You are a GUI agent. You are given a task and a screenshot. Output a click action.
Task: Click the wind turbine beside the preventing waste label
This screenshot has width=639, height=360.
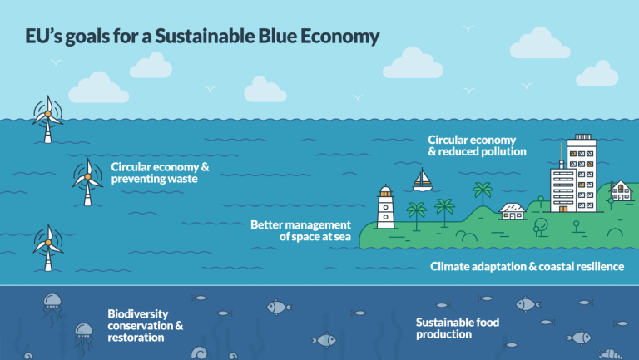(x=87, y=179)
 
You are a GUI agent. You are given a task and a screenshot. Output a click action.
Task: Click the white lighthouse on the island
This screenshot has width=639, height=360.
(x=385, y=207)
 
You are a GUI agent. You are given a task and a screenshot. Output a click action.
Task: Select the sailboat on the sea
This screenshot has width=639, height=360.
(x=424, y=179)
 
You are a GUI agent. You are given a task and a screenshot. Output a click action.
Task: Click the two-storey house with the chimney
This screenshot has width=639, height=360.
(x=620, y=191)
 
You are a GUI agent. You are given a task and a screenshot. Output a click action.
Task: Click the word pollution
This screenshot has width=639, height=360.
(x=500, y=152)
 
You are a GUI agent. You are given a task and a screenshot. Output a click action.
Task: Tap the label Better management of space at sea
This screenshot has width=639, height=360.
(x=301, y=230)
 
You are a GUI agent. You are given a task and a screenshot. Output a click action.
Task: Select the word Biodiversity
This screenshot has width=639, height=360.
(x=138, y=313)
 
